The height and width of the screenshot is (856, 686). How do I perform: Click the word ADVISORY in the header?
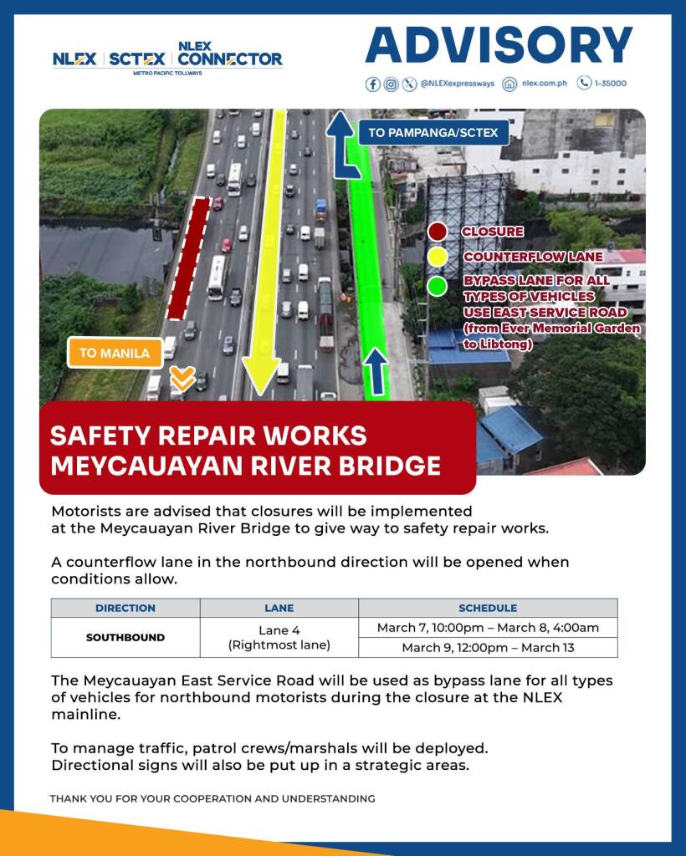tap(499, 45)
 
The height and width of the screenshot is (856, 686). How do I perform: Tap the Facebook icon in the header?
tap(373, 84)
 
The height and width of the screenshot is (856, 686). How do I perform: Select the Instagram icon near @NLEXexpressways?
tap(391, 84)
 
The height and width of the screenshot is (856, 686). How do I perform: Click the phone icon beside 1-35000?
tap(584, 84)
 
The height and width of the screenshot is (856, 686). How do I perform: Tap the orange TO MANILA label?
tap(115, 353)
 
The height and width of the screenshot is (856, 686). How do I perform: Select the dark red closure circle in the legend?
tap(437, 232)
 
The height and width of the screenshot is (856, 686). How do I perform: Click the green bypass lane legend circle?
tap(437, 285)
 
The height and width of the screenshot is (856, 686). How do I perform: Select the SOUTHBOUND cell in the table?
tap(125, 637)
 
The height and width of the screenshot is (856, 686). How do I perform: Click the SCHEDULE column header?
tap(488, 608)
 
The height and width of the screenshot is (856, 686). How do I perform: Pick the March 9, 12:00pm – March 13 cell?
tap(488, 648)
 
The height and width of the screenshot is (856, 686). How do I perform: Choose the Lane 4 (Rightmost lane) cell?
tap(279, 638)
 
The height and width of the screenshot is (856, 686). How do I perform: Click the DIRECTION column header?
tap(125, 608)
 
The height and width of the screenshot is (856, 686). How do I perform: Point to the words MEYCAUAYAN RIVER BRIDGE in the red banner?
tap(245, 465)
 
